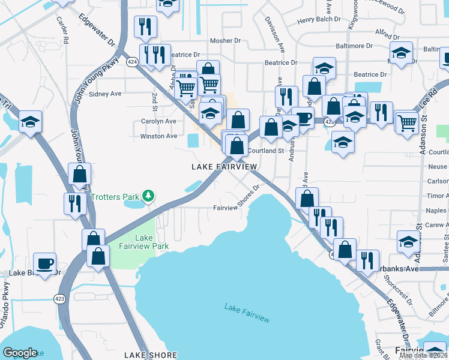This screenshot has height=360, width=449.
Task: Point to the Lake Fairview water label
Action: click(244, 308)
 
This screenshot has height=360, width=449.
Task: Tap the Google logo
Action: click(20, 353)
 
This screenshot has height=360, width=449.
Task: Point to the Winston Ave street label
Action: click(158, 136)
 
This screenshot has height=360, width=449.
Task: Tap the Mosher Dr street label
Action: click(224, 41)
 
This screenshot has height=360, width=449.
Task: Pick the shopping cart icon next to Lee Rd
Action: click(407, 122)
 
